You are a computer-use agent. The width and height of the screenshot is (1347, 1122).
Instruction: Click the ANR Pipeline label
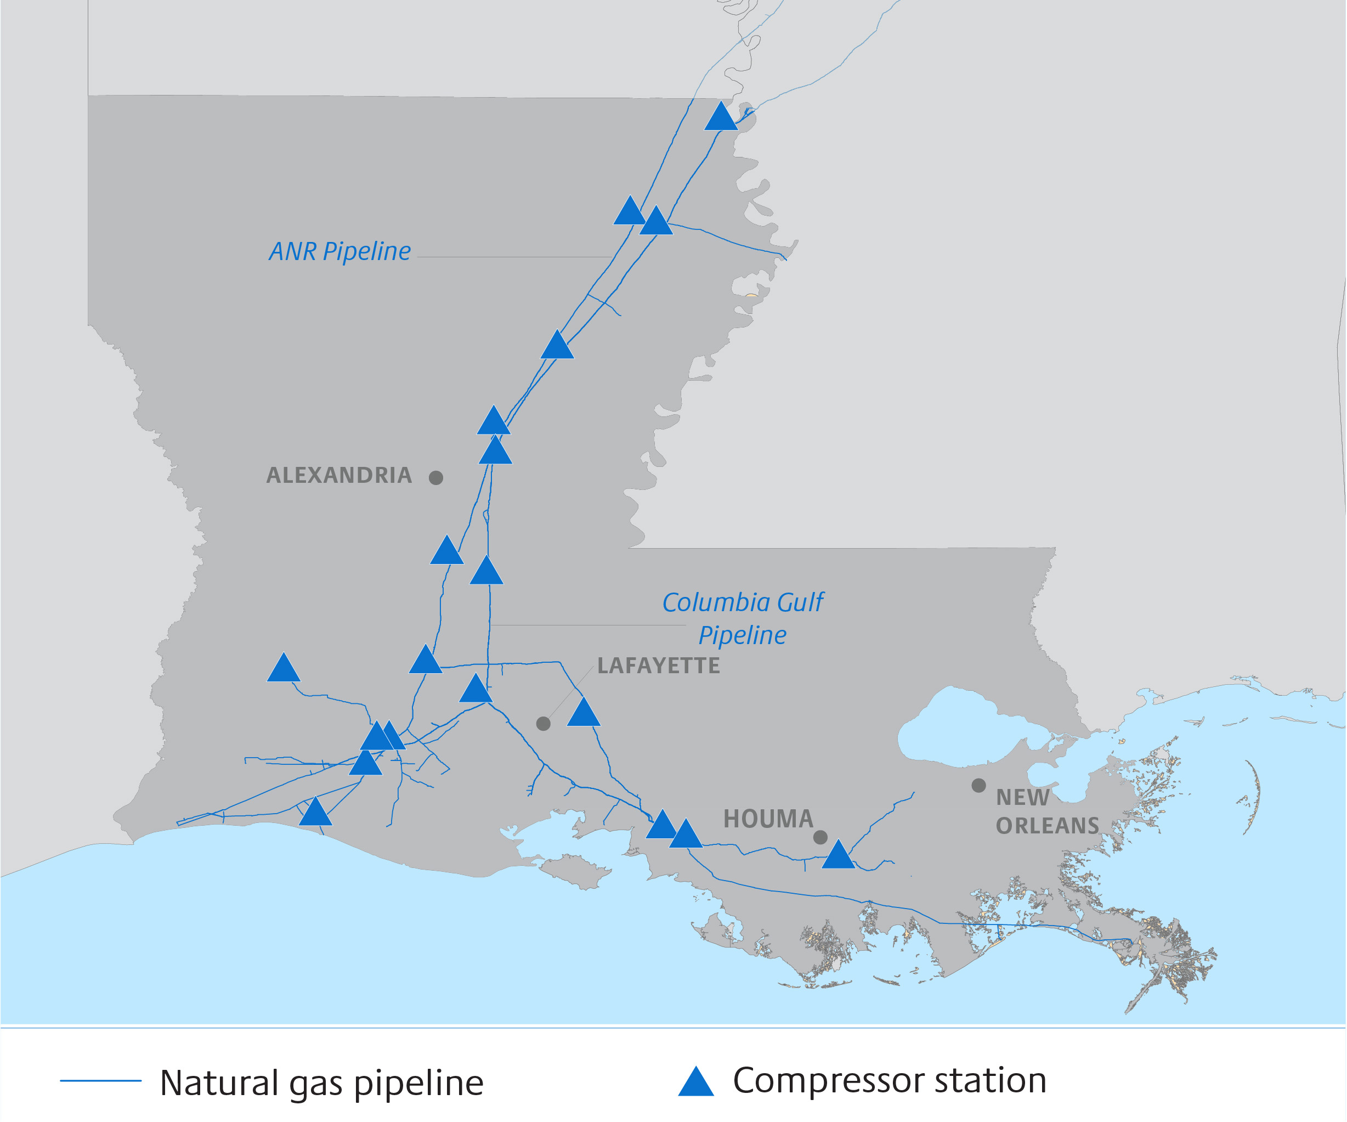point(340,251)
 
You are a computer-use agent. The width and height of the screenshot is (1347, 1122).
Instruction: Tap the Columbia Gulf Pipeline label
point(743,618)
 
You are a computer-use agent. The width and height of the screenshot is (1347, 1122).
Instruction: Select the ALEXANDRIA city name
point(339,475)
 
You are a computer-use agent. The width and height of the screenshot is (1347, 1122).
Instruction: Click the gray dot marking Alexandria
point(436,477)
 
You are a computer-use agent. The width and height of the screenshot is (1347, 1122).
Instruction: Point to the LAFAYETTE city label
point(659,666)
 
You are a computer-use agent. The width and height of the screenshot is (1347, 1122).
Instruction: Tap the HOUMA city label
point(768,819)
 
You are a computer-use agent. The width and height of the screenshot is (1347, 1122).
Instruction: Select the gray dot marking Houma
point(820,837)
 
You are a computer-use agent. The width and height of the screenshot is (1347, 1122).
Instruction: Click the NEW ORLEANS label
point(1047,811)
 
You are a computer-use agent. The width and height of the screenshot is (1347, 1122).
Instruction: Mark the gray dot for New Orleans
point(979,785)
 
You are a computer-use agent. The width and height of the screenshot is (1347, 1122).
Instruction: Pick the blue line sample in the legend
point(101,1081)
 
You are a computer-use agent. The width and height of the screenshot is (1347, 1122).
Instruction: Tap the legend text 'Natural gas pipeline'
point(321,1084)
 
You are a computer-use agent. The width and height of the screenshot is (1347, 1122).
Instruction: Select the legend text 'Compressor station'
point(890,1081)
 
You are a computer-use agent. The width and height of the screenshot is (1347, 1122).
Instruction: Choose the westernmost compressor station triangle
point(284,670)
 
